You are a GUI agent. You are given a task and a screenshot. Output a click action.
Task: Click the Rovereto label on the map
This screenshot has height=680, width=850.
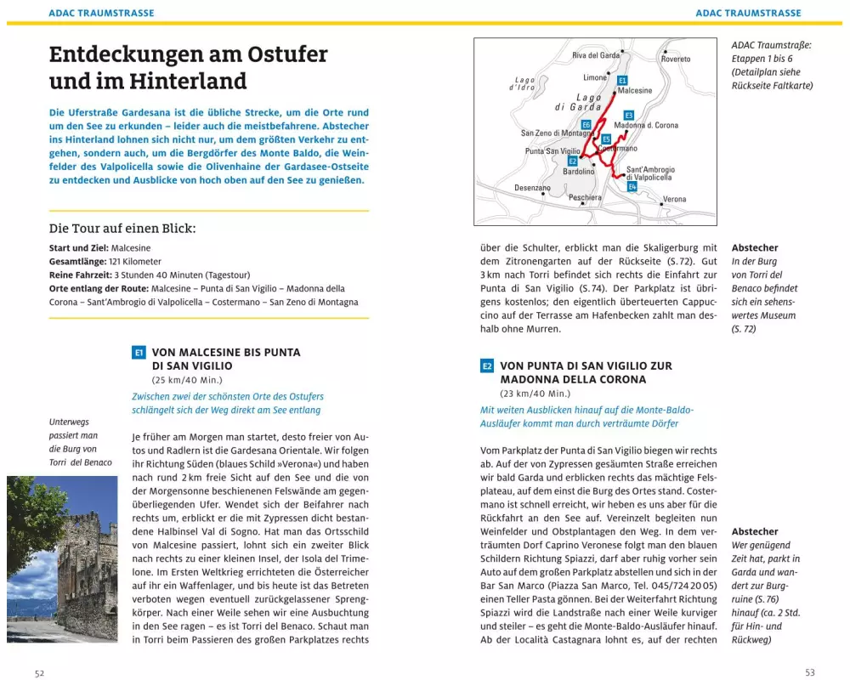point(676,59)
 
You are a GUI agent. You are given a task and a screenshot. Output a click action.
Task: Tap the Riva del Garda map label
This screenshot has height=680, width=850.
point(596,55)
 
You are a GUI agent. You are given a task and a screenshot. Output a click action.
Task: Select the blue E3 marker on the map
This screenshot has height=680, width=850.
point(629,115)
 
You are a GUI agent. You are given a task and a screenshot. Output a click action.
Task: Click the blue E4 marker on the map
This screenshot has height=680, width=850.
point(632,185)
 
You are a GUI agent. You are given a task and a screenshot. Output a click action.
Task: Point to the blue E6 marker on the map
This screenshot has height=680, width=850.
point(586,125)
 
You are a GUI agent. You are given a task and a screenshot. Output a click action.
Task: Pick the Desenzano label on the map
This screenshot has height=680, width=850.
point(532,188)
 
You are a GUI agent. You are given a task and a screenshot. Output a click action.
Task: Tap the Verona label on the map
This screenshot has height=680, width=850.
point(674,199)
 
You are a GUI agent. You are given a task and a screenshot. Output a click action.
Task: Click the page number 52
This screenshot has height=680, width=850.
point(39,672)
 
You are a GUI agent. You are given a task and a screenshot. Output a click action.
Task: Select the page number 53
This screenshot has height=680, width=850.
point(809,672)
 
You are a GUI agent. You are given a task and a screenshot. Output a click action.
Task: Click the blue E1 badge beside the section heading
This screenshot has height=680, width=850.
point(139,352)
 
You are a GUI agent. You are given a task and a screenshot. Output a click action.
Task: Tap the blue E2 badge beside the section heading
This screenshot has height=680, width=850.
point(487,366)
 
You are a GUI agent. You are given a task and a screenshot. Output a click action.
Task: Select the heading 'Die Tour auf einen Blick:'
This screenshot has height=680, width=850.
point(122,228)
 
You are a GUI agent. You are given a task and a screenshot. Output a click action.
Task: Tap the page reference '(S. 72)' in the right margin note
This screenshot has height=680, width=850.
point(744,329)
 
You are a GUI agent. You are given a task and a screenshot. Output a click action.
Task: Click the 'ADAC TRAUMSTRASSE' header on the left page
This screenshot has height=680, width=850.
point(101,14)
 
